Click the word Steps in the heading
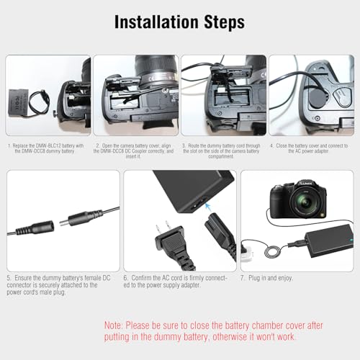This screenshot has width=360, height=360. pos(219,22)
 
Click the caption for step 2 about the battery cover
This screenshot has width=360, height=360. pos(135,152)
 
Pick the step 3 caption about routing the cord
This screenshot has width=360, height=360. pos(224,152)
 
